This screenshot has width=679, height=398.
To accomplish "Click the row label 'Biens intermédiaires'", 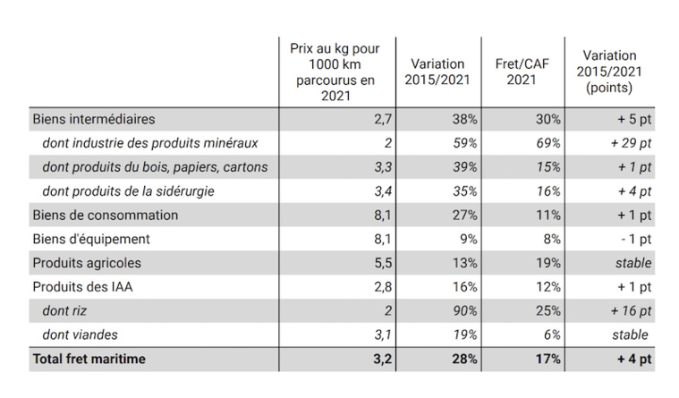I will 94,118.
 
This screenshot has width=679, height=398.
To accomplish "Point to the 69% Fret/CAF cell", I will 547,142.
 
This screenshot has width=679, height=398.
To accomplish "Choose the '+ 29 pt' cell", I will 631,142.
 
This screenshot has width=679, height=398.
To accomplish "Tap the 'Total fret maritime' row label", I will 89,360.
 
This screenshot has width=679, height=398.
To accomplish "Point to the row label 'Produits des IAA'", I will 81,287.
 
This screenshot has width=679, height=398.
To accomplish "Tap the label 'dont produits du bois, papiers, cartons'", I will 155,166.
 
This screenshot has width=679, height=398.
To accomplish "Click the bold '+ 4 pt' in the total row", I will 632,360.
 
